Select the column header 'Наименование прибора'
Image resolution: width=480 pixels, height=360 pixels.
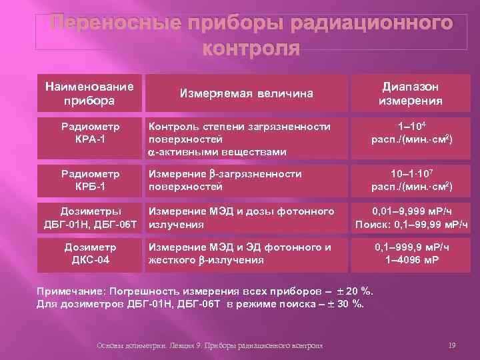89,93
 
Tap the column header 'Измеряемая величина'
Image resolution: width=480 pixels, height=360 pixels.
247,94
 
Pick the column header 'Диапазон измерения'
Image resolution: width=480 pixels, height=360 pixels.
410,94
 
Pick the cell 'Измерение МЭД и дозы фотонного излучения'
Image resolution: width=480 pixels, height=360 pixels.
241,217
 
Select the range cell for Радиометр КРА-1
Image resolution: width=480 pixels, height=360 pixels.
410,133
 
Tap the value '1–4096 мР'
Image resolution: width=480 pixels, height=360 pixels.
411,259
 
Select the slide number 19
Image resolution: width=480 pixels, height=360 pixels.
452,345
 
